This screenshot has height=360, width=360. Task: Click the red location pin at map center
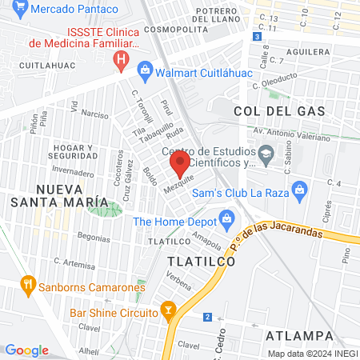pyautogui.click(x=179, y=165)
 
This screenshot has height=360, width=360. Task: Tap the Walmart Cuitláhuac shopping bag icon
pyautogui.click(x=145, y=70)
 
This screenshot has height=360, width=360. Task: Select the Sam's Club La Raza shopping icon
pyautogui.click(x=299, y=190)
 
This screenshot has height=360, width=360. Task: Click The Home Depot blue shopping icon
pyautogui.click(x=226, y=218)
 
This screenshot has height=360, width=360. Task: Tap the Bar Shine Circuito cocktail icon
pyautogui.click(x=168, y=309)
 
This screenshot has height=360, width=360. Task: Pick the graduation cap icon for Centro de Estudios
pyautogui.click(x=265, y=151)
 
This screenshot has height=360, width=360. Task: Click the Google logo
pyautogui.click(x=26, y=350)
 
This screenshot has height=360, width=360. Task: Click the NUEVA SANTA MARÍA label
pyautogui.click(x=48, y=194)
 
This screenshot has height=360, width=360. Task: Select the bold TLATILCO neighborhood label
pyautogui.click(x=201, y=262)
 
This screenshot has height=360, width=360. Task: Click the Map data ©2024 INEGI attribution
pyautogui.click(x=311, y=354)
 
